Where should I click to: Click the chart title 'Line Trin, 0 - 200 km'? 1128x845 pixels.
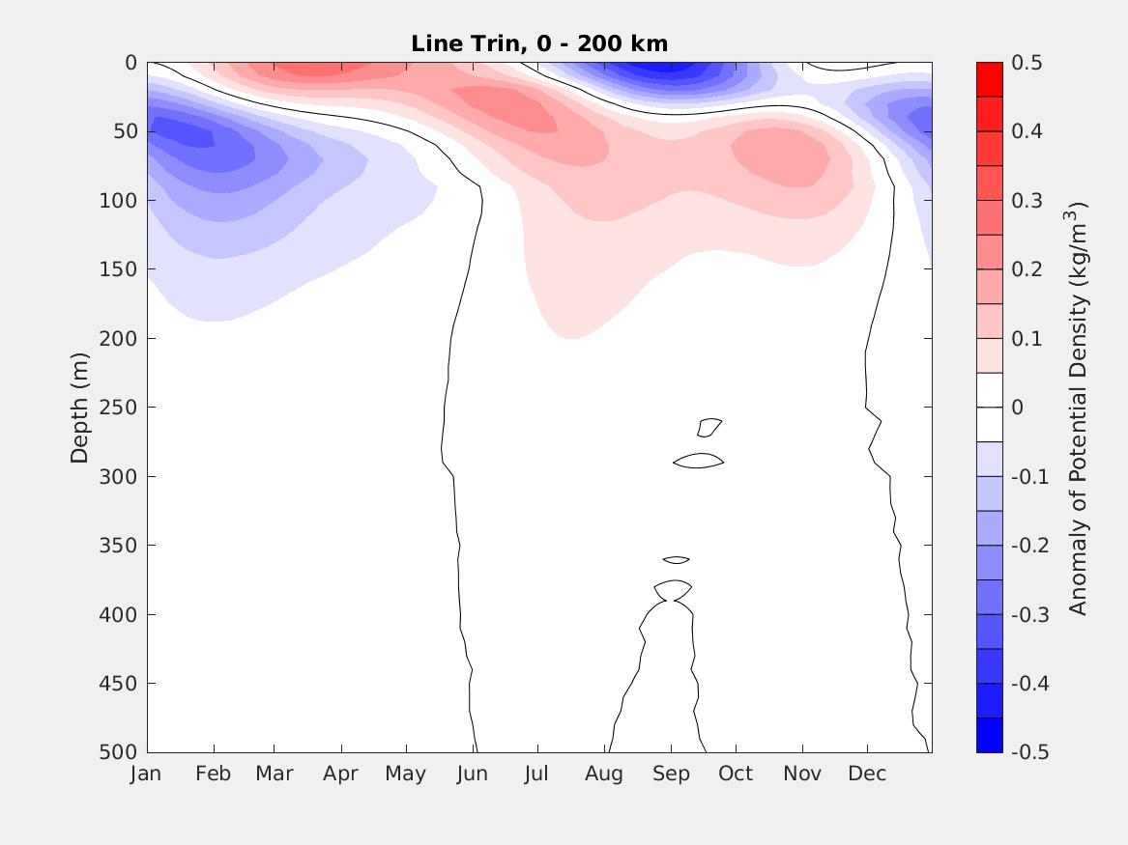(x=539, y=43)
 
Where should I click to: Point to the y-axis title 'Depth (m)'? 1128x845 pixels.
(x=79, y=408)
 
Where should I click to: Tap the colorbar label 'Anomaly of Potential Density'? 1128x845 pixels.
(x=1079, y=408)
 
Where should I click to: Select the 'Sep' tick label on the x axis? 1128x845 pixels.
(x=671, y=774)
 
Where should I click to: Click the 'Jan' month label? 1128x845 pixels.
(x=146, y=774)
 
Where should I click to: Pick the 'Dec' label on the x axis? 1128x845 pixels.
(x=867, y=774)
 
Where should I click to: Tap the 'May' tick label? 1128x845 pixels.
(x=405, y=774)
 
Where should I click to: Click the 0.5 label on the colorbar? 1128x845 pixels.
(x=1026, y=63)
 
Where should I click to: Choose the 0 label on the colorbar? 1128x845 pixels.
(x=1017, y=408)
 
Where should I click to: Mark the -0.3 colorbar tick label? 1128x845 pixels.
(x=1028, y=614)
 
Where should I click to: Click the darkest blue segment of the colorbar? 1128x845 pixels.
(x=990, y=735)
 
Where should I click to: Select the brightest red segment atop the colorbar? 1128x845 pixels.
(x=990, y=79)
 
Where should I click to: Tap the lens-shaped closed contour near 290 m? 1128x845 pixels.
(x=698, y=462)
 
